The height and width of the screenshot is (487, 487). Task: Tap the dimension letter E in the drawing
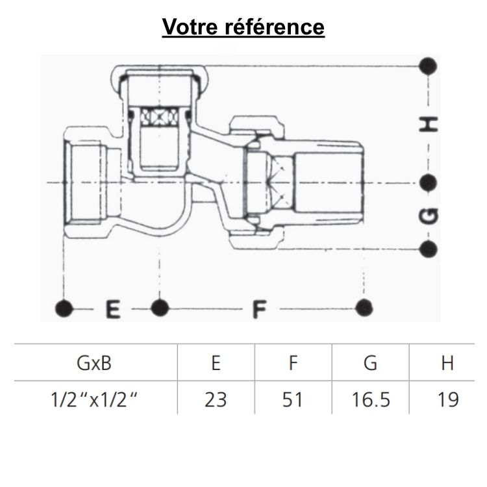(x=114, y=308)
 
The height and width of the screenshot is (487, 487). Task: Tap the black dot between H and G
(x=428, y=183)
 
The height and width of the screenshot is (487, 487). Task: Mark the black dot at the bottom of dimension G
(x=428, y=247)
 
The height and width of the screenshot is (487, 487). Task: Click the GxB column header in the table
(x=95, y=363)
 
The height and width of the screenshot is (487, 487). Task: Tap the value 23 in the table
(x=216, y=399)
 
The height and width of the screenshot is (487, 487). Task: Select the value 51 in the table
(x=293, y=399)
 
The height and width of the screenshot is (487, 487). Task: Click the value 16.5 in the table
(x=370, y=399)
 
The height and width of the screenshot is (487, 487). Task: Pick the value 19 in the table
(x=447, y=399)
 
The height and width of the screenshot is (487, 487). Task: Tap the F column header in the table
(x=293, y=363)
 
